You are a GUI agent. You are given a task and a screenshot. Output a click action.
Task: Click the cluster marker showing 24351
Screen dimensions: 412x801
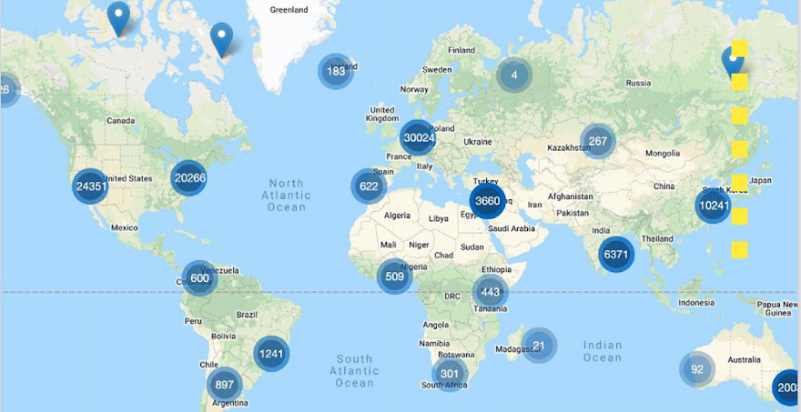(x=90, y=186)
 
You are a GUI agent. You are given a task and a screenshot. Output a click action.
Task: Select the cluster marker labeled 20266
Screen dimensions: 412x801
(x=189, y=178)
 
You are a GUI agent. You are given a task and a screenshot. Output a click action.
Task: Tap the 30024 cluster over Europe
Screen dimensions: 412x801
(x=418, y=138)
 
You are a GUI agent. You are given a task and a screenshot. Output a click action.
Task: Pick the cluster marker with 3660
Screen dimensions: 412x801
(x=487, y=201)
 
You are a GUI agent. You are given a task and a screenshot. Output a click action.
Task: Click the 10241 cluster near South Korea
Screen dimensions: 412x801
(x=713, y=206)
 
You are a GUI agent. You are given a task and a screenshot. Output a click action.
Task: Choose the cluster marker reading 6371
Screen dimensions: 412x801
(x=616, y=255)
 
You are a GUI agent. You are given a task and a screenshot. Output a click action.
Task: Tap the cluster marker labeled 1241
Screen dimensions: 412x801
(x=271, y=354)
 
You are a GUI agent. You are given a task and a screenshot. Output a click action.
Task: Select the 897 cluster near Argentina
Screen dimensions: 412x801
(x=224, y=385)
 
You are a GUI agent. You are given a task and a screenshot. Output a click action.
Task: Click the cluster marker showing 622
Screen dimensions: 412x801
(x=369, y=186)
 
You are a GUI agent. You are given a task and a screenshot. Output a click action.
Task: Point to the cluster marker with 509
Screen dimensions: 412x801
(x=394, y=276)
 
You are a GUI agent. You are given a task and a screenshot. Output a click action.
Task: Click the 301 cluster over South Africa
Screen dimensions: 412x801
(x=450, y=373)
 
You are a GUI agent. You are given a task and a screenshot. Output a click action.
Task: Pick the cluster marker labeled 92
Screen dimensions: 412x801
(x=697, y=369)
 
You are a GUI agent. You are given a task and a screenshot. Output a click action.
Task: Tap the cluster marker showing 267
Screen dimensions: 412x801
(x=598, y=141)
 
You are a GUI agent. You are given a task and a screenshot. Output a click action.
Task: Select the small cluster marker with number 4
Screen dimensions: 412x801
(x=514, y=75)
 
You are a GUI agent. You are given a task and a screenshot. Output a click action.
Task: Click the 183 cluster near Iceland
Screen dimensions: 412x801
(x=336, y=71)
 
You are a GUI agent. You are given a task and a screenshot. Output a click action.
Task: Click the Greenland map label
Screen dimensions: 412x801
(x=290, y=10)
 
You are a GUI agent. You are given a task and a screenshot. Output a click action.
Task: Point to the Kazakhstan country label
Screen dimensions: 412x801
(x=571, y=147)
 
